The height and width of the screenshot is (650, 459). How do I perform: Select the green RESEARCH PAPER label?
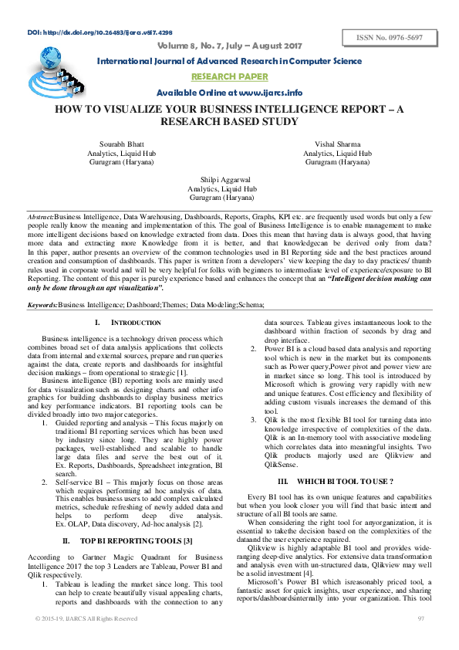point(229,76)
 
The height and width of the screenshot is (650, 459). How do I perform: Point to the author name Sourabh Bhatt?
point(121,144)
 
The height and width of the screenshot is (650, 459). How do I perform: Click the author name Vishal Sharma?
point(337,144)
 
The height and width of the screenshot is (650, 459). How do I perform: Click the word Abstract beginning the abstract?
point(40,218)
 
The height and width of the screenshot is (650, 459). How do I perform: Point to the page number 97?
point(420,619)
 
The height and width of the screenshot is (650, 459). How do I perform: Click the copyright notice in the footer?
point(86,619)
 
